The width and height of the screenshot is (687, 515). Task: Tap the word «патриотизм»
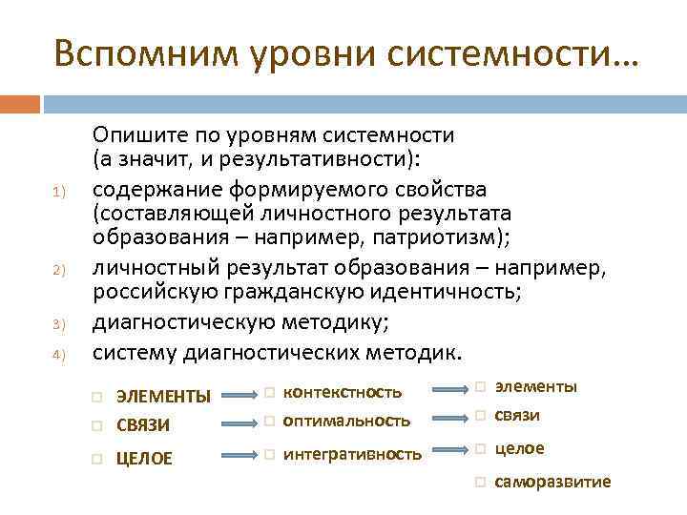tap(446, 238)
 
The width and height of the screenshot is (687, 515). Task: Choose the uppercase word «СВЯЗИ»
tap(144, 422)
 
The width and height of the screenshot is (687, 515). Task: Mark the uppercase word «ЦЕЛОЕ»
tap(144, 459)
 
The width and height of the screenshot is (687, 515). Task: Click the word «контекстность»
tap(343, 392)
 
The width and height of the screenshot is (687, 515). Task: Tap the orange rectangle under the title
tap(20, 103)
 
